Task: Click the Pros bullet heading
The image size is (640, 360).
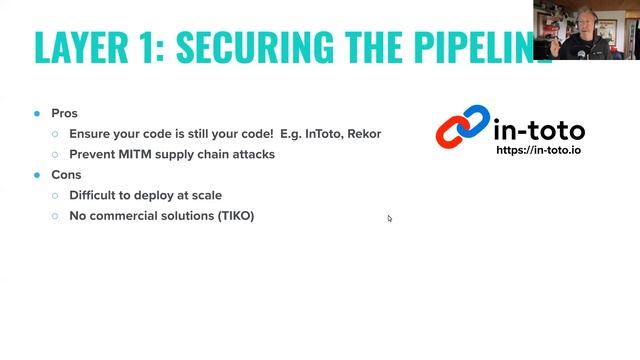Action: pos(65,114)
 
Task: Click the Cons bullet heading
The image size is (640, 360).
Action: pos(66,175)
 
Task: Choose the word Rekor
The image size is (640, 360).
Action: pos(366,134)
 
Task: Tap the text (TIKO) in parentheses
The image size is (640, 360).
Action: pos(235,216)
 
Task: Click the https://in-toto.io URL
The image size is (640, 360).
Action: pos(540,151)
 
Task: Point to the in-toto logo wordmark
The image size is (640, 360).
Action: pos(539,129)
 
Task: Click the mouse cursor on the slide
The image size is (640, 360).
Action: pos(390,218)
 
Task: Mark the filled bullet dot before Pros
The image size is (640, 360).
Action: pos(37,114)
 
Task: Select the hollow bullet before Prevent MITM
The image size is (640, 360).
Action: pos(56,155)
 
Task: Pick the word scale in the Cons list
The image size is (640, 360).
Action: pos(205,196)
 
